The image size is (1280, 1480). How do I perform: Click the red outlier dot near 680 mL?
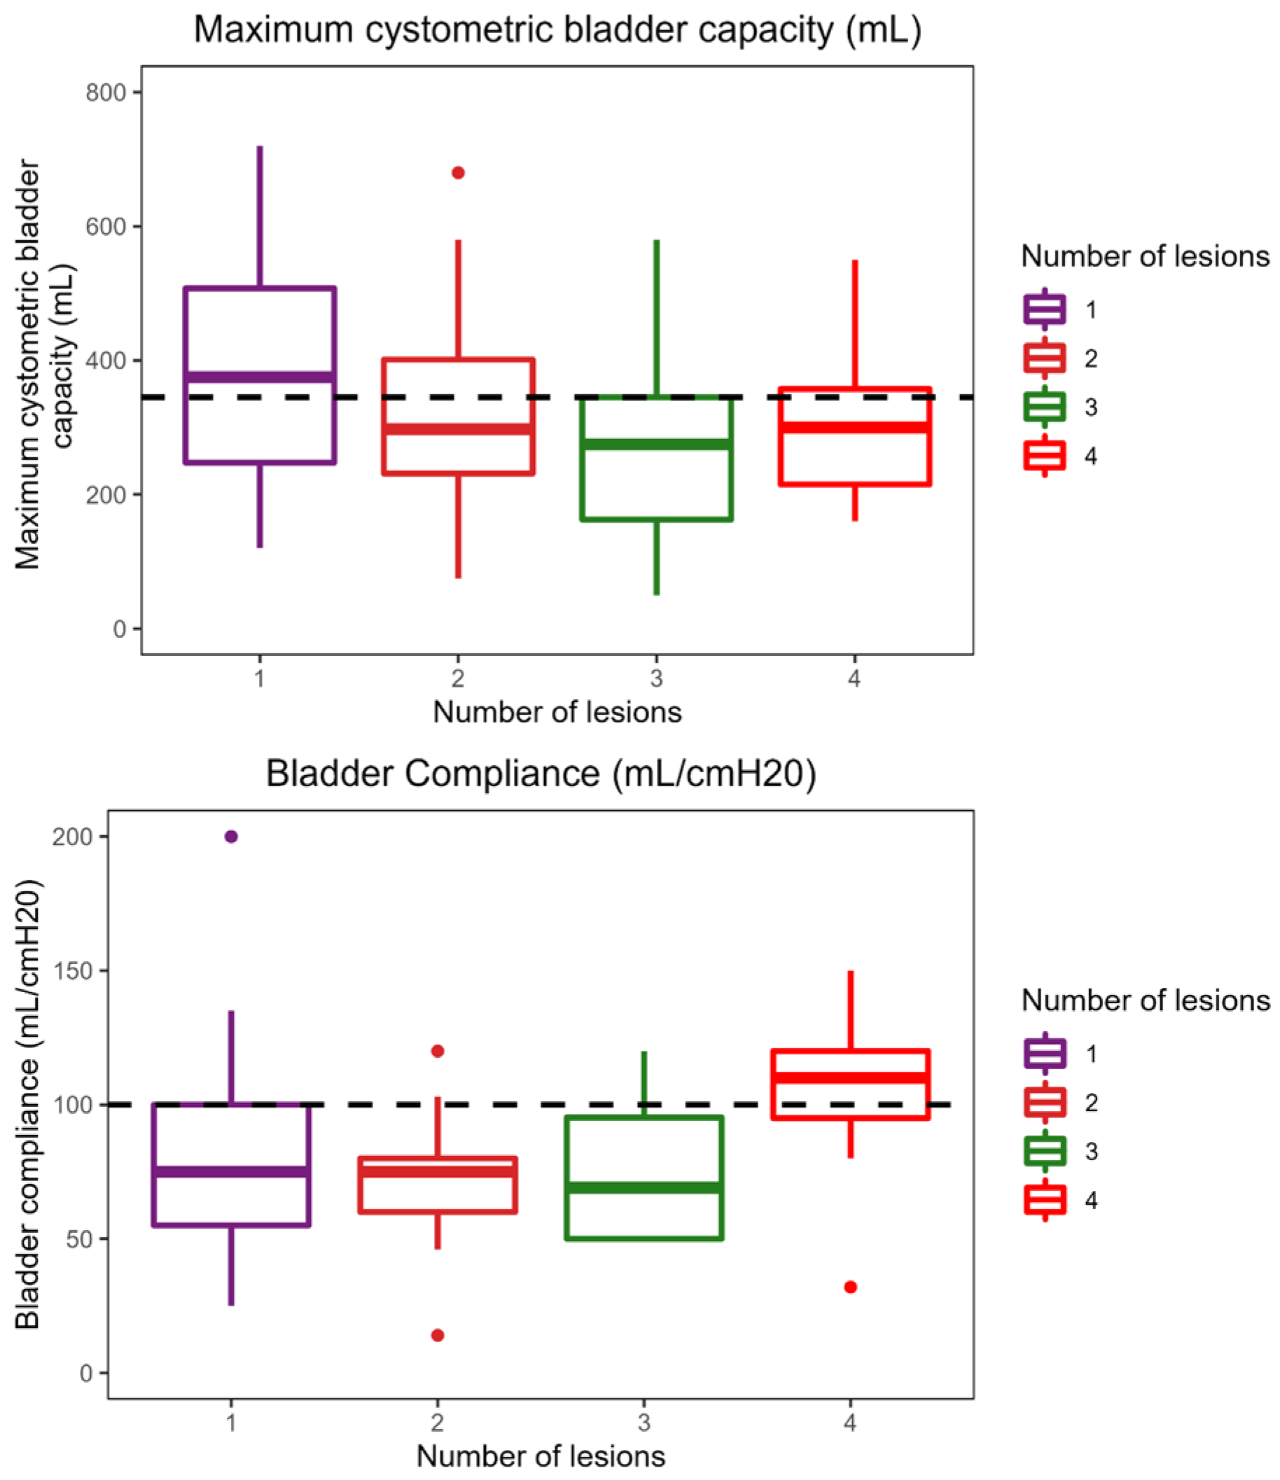tap(458, 173)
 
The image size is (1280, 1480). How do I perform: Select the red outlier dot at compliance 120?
tap(438, 1051)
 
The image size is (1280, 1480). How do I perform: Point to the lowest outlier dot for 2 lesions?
tap(438, 1335)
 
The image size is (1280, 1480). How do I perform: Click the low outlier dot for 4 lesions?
tap(850, 1287)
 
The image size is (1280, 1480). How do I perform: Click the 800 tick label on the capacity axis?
tap(105, 93)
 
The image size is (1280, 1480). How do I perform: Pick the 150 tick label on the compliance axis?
tap(73, 971)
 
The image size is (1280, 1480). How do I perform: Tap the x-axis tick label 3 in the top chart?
tap(656, 678)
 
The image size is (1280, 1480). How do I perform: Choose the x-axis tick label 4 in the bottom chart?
tap(850, 1422)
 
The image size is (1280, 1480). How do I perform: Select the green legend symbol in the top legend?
tap(1044, 407)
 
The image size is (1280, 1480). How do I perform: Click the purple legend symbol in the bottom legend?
tap(1045, 1054)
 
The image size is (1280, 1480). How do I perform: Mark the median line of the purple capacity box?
tap(260, 377)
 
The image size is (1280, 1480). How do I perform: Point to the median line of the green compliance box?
tap(644, 1188)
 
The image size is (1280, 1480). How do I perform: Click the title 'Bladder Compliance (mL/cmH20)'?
tap(541, 774)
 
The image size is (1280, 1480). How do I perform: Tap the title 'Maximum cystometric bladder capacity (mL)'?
tap(557, 30)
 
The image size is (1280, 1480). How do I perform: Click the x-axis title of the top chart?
tap(557, 712)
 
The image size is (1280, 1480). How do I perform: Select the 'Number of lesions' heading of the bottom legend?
tap(1145, 1000)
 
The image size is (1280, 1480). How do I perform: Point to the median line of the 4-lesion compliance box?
tap(850, 1078)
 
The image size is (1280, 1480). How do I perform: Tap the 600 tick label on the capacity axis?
tap(105, 226)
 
